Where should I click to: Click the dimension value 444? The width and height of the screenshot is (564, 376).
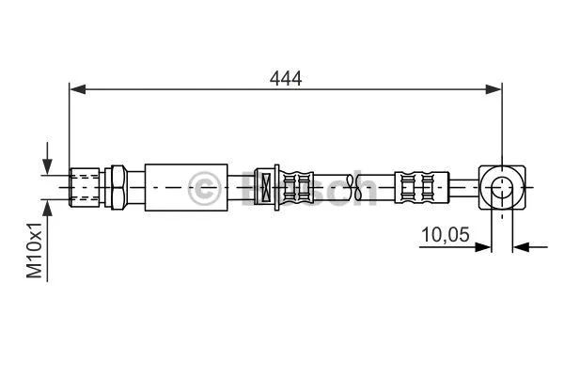point(285,79)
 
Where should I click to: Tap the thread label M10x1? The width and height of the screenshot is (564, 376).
point(35,250)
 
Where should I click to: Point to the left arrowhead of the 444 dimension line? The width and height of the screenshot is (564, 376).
point(78,90)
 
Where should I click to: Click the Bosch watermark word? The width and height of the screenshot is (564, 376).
point(310,188)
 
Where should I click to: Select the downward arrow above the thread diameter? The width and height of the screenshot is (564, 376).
point(47,160)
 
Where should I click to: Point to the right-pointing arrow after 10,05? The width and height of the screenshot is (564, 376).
point(483,248)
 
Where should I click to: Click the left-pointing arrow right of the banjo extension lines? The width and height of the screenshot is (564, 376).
point(523,248)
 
